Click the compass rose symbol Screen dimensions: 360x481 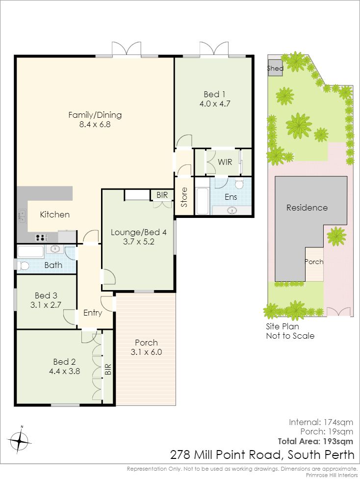point(20,441)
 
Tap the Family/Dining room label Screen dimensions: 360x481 point(95,115)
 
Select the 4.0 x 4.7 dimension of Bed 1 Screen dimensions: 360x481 point(215,104)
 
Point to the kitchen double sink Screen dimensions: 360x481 point(23,215)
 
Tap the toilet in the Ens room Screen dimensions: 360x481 point(239,184)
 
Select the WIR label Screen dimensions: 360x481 point(225,161)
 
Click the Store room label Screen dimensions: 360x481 point(184,197)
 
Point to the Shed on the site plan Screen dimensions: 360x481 point(275,68)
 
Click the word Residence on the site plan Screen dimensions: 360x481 point(307,208)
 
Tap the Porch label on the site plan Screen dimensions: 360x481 point(314,262)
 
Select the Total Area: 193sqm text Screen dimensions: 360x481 point(315,441)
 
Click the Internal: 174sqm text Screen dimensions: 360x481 point(321,423)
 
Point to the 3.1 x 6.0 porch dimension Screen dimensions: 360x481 point(146,352)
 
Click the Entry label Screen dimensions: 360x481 point(93,313)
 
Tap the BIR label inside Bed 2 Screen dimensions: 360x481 point(108,369)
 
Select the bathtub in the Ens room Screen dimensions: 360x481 point(203,201)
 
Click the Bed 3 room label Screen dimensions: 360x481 point(46,295)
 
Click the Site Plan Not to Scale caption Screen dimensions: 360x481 point(290,331)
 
